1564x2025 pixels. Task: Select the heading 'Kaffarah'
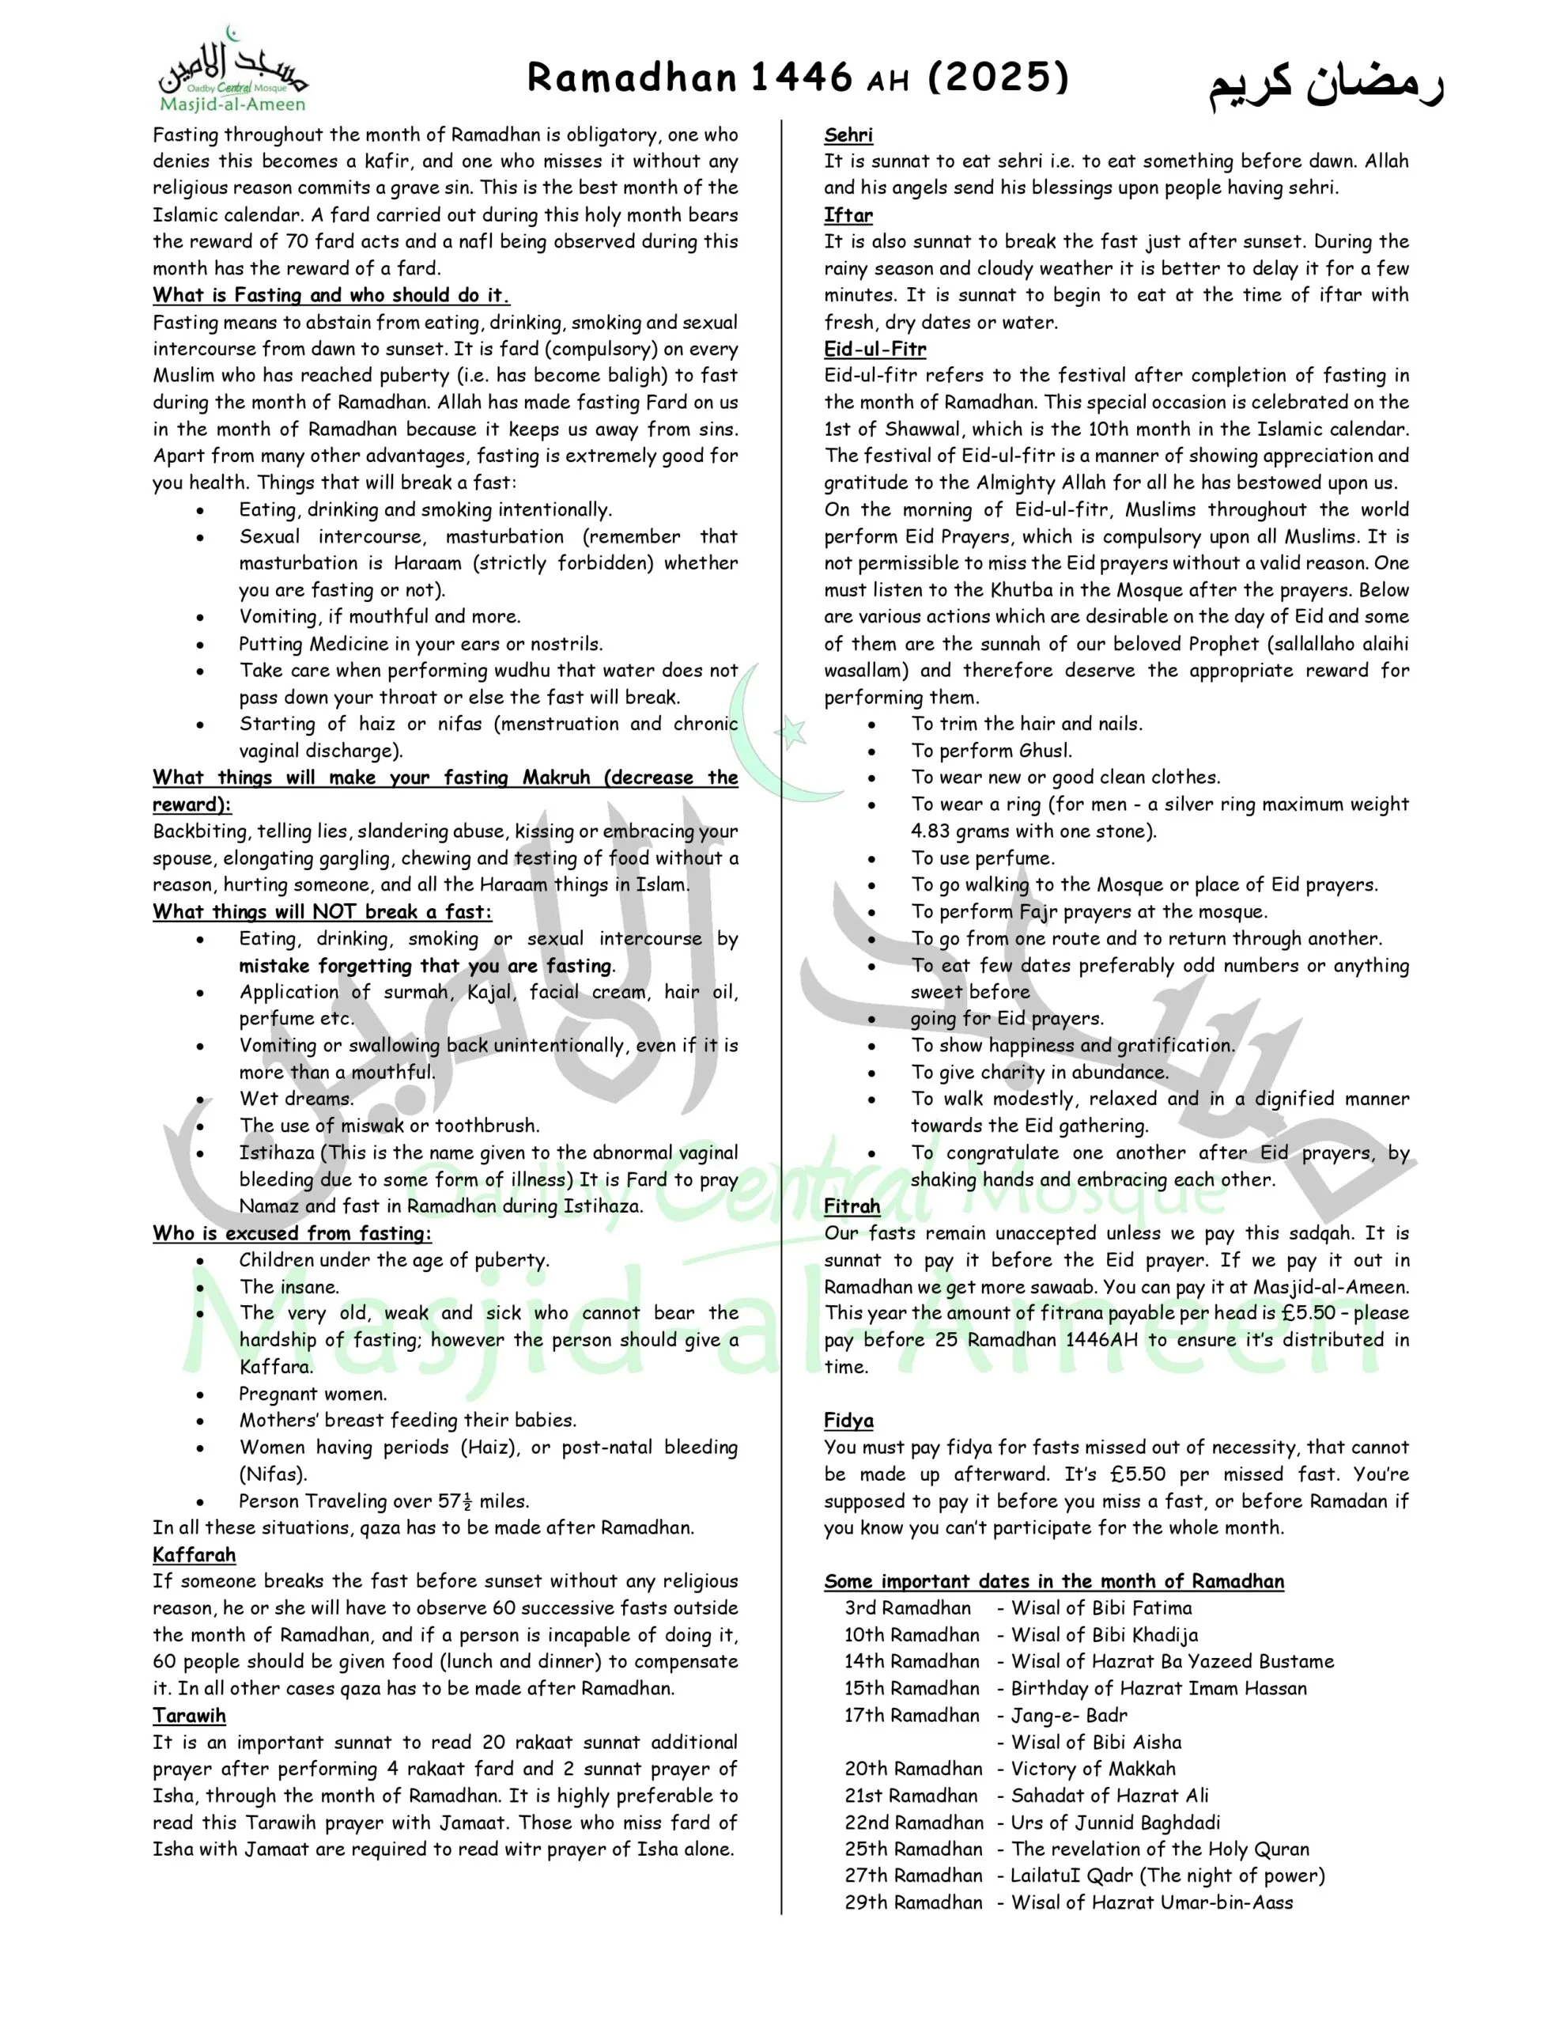(195, 1555)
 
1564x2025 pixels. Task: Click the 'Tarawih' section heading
(189, 1715)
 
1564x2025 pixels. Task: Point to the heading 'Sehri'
(848, 135)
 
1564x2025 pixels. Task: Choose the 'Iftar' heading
(848, 215)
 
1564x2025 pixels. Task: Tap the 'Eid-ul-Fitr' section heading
(875, 350)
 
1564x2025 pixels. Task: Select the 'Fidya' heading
(848, 1421)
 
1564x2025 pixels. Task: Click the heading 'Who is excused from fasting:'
(292, 1233)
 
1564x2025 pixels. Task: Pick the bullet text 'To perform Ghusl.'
(991, 751)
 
